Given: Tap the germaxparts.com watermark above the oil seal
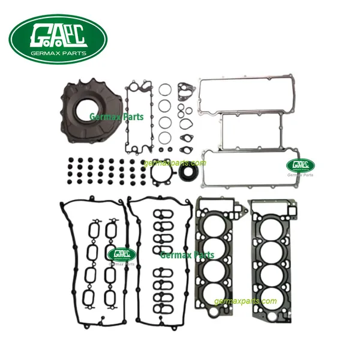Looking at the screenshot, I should click(x=175, y=163).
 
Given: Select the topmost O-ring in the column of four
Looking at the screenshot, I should click(x=164, y=90).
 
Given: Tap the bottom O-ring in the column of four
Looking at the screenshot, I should click(x=163, y=137).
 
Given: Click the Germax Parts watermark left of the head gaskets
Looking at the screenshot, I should click(x=187, y=255).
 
